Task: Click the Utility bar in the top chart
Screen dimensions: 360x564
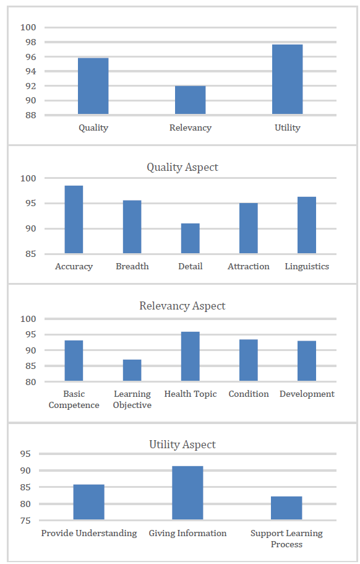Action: tap(288, 79)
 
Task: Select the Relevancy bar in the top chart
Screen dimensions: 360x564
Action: tap(191, 100)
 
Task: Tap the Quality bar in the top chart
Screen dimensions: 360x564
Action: tap(93, 86)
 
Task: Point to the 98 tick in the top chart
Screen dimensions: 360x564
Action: tap(28, 42)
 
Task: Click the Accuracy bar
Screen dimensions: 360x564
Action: tap(74, 219)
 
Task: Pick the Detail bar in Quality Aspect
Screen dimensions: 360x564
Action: tap(191, 238)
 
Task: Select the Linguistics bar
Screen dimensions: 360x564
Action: tap(307, 225)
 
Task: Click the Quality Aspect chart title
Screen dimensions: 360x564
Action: tap(182, 167)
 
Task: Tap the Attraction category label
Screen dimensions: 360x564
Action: tap(249, 267)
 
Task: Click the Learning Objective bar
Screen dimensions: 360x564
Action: tap(132, 370)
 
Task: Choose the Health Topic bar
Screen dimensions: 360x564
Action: tap(191, 356)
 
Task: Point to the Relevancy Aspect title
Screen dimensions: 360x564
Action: tap(182, 306)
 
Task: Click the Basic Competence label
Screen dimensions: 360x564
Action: tap(74, 399)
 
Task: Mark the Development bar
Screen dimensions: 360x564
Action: tap(307, 361)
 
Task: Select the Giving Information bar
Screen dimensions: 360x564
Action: tap(187, 493)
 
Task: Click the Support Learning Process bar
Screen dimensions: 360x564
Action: tap(286, 508)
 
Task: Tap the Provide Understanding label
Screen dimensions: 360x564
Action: tap(89, 534)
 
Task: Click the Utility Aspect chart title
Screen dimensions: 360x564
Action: tap(182, 445)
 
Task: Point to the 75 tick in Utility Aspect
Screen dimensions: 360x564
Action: tap(25, 521)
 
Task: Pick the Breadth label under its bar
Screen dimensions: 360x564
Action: tap(132, 267)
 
